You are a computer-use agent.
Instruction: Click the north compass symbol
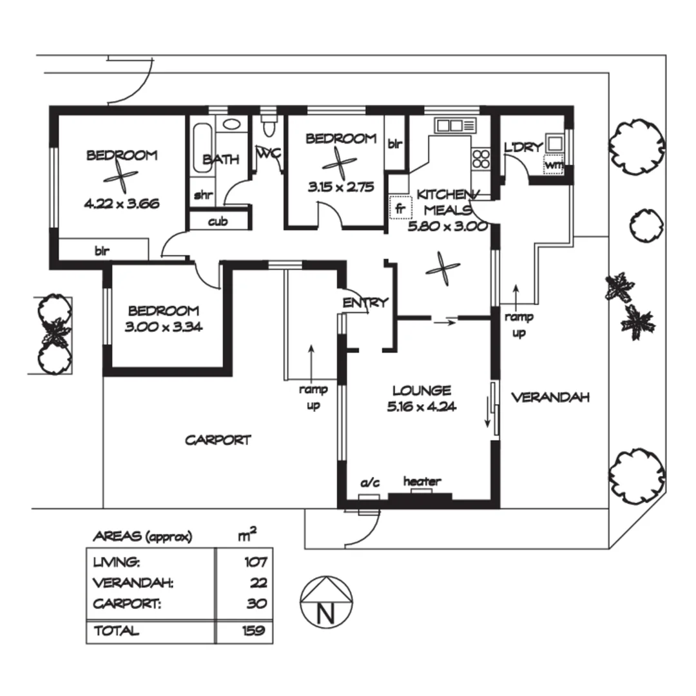coord(326,603)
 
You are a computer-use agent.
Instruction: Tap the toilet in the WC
coord(269,125)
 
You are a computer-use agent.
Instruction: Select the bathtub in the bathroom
coord(202,148)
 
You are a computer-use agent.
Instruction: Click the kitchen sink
coord(455,125)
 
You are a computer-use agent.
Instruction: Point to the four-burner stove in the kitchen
coord(481,159)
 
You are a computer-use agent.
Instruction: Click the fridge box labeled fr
coord(400,207)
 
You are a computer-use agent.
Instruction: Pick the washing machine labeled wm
coord(554,165)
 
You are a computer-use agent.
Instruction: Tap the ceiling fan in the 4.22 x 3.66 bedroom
coord(121,177)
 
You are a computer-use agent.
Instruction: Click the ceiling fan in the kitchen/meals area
coord(443,269)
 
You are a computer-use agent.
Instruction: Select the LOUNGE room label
coord(421,391)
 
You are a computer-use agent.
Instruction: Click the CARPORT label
coord(218,440)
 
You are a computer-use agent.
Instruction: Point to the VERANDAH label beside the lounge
coord(550,397)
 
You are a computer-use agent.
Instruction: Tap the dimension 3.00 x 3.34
coord(163,327)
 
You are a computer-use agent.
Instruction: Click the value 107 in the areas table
coord(256,563)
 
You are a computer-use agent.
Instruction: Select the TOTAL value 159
coord(254,630)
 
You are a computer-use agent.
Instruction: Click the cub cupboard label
coord(218,221)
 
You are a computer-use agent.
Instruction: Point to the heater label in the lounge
coord(422,481)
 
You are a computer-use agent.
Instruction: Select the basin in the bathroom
coord(231,124)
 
